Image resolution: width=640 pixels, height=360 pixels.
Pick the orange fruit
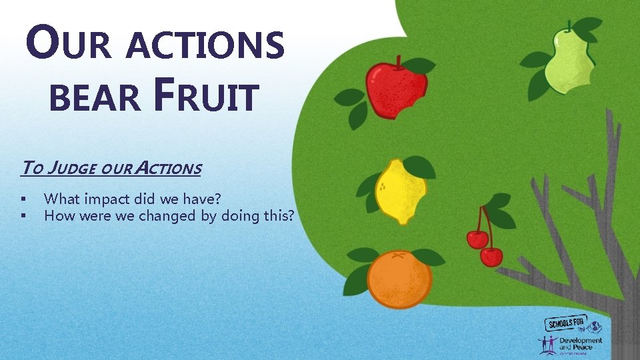pos(399,279)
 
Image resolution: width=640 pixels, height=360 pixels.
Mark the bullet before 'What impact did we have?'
pos(23,199)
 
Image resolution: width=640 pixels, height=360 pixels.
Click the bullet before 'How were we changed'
pos(23,216)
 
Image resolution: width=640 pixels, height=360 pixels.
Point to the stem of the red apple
pos(399,62)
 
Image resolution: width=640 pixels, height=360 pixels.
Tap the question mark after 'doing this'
pos(290,215)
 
